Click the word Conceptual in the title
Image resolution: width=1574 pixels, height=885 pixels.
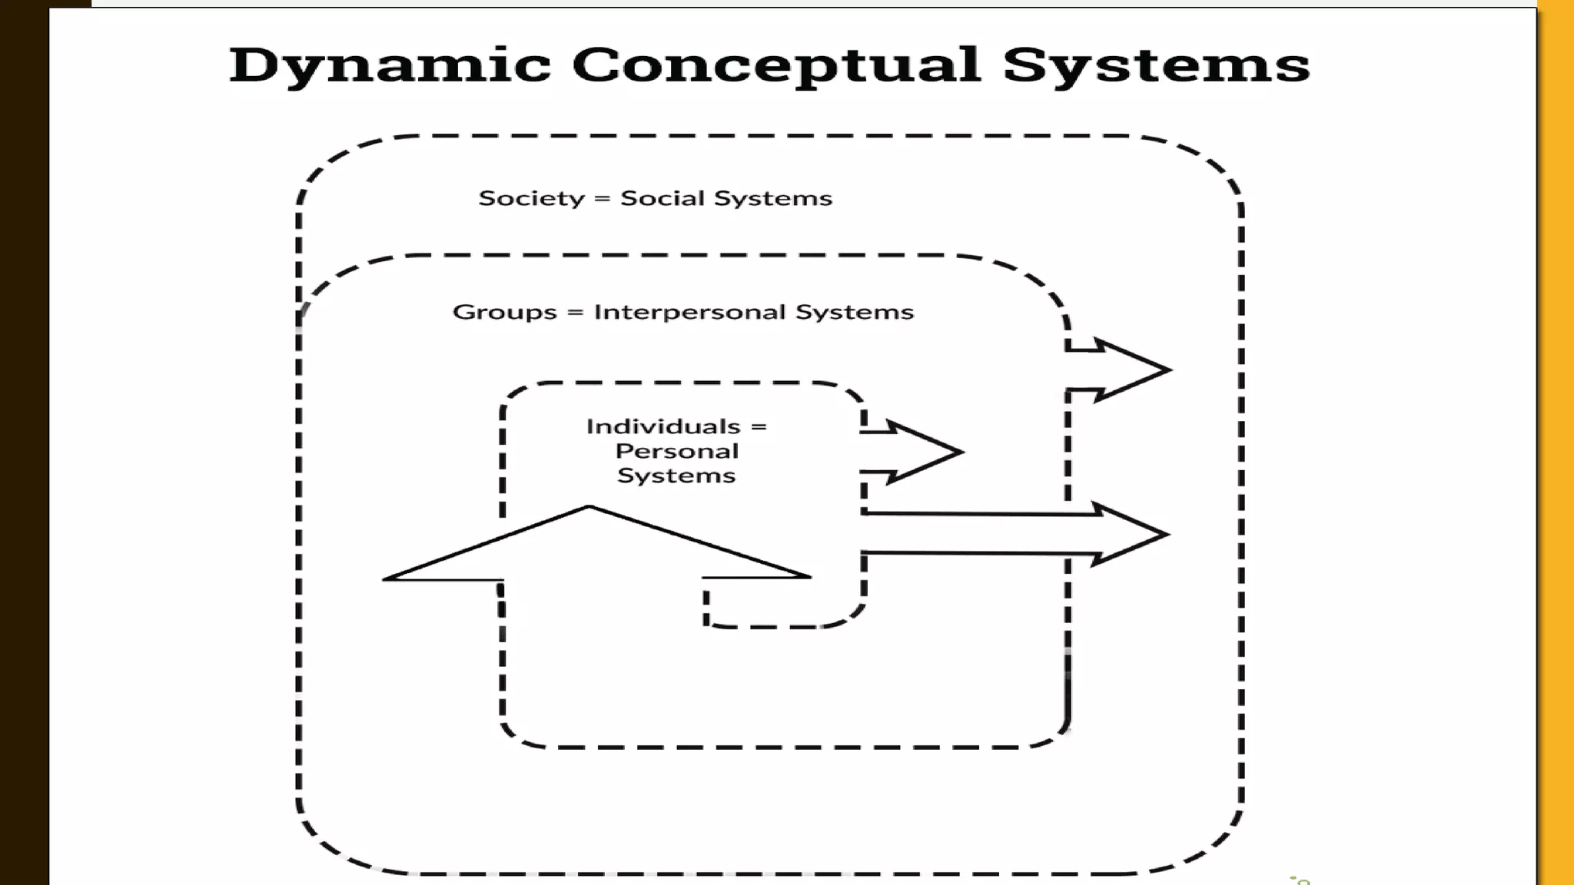pos(775,66)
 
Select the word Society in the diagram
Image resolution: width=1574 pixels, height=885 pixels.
pos(531,199)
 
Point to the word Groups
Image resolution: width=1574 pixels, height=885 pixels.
pos(504,313)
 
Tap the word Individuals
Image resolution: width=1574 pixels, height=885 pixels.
pos(662,426)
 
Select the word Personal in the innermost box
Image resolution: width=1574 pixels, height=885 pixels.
pos(676,451)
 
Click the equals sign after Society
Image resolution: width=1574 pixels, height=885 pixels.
pos(603,199)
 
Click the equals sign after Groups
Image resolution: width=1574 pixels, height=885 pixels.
pos(575,313)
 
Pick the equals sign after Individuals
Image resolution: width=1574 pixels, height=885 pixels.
pos(759,427)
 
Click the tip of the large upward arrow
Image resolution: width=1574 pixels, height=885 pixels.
pos(589,508)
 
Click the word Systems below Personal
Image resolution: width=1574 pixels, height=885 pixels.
pos(676,476)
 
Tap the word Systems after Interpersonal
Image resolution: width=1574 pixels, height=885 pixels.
pos(854,313)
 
